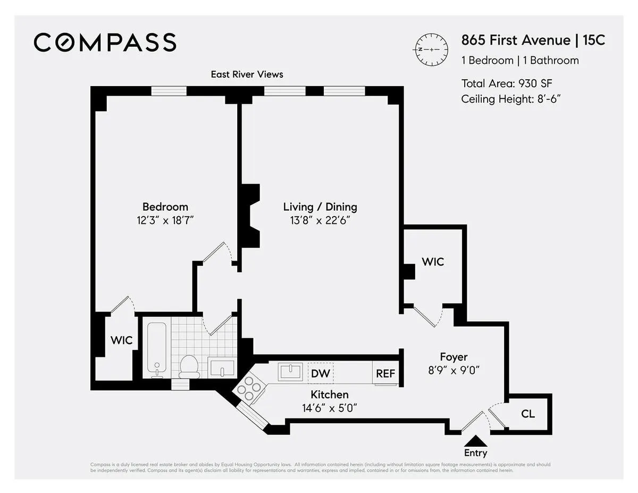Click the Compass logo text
pyautogui.click(x=105, y=43)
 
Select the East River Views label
pyautogui.click(x=247, y=74)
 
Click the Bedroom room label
pyautogui.click(x=165, y=207)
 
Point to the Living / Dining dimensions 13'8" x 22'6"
pyautogui.click(x=320, y=220)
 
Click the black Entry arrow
pyautogui.click(x=475, y=441)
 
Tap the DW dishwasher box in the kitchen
pyautogui.click(x=321, y=373)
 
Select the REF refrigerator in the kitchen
pyautogui.click(x=385, y=373)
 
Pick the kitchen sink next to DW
pyautogui.click(x=289, y=372)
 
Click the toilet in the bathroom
pyautogui.click(x=189, y=366)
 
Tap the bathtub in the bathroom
pyautogui.click(x=157, y=349)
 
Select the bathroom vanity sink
pyautogui.click(x=221, y=367)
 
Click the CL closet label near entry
pyautogui.click(x=528, y=414)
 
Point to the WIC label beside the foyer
pyautogui.click(x=433, y=262)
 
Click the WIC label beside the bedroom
pyautogui.click(x=121, y=340)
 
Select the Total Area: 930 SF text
pyautogui.click(x=510, y=83)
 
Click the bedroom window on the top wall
pyautogui.click(x=169, y=91)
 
